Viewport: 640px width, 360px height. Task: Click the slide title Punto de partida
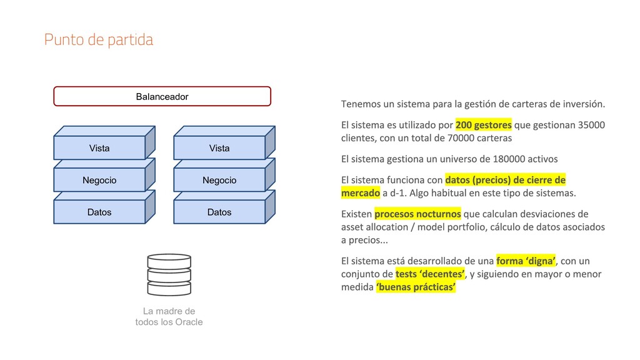click(x=99, y=40)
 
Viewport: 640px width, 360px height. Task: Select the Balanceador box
click(x=162, y=96)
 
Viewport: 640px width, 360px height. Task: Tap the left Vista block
click(x=99, y=148)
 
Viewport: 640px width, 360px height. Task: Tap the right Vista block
click(x=219, y=148)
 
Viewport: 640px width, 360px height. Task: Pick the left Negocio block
click(x=99, y=180)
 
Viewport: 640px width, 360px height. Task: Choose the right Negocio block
click(x=219, y=180)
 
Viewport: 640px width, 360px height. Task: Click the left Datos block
click(x=99, y=212)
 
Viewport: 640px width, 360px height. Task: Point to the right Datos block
click(x=219, y=212)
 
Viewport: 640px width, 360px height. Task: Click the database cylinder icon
click(x=169, y=274)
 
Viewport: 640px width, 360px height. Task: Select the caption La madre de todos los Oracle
click(x=169, y=316)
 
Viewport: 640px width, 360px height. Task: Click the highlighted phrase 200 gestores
click(x=484, y=124)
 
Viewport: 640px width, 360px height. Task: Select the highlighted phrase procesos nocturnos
click(x=417, y=213)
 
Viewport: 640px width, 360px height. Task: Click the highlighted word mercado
click(x=361, y=192)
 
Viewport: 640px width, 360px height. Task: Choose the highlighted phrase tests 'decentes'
click(x=431, y=274)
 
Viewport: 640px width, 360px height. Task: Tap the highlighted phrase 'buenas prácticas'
click(x=416, y=287)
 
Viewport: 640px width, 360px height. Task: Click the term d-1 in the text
click(x=399, y=192)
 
